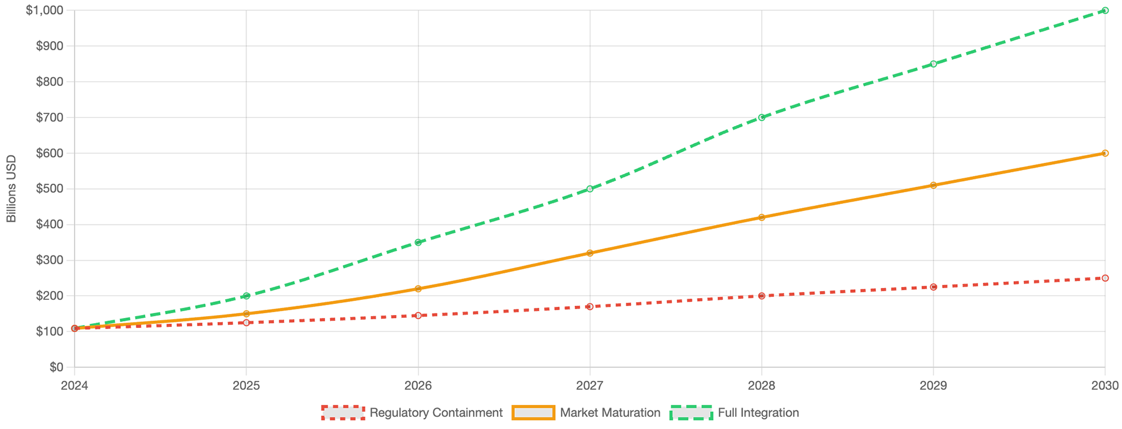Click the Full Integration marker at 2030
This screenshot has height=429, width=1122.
point(1104,11)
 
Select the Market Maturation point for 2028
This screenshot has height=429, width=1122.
point(761,217)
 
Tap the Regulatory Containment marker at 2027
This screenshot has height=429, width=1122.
point(590,306)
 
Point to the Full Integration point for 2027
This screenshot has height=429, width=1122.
point(590,189)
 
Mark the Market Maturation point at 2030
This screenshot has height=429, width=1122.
point(1104,153)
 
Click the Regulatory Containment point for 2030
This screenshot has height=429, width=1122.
point(1104,278)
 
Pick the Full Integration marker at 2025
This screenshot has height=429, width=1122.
point(246,296)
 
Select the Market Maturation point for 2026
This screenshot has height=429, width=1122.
point(418,289)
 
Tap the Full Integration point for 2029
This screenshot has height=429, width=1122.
point(933,64)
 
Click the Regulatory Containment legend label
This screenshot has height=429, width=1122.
point(436,413)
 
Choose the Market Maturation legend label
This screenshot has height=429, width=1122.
point(610,413)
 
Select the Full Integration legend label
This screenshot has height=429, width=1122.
point(758,413)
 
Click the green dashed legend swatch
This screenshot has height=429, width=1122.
point(691,413)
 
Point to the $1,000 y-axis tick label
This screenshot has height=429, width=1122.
point(44,11)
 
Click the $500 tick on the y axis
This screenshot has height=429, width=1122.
point(49,189)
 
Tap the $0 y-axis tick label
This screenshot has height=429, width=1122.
point(56,367)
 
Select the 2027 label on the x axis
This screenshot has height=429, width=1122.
point(590,385)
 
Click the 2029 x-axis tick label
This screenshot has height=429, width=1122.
point(933,385)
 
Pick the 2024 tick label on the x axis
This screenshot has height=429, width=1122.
point(74,385)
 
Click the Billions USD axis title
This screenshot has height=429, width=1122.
point(11,189)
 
